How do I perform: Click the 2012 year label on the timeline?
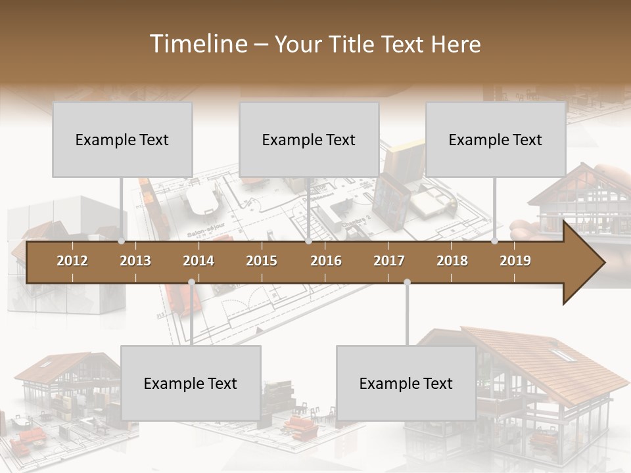coord(72,261)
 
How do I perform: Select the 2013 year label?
coord(135,261)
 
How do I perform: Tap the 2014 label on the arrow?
coord(199,261)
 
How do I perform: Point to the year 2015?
coord(262,261)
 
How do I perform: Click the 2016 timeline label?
coord(326,261)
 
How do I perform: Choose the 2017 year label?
coord(389,261)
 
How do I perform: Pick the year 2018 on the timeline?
coord(452,261)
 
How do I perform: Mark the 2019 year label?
coord(515,261)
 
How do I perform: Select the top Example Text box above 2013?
coord(122,139)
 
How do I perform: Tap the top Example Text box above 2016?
coord(309,139)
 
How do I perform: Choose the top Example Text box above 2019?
coord(496,139)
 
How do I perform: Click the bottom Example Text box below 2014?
coord(191,383)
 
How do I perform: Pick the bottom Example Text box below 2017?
coord(406,383)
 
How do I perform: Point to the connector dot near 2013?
coord(122,241)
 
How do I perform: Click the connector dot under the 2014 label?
coord(191,282)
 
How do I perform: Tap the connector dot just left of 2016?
coord(309,241)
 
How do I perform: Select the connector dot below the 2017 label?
coord(407,282)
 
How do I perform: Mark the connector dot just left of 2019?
coord(495,241)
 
